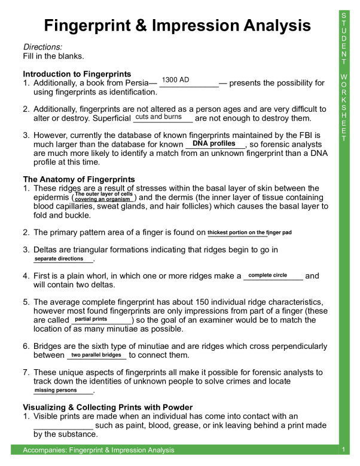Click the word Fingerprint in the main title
pyautogui.click(x=92, y=26)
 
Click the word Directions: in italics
pyautogui.click(x=42, y=47)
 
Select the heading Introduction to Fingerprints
pyautogui.click(x=77, y=74)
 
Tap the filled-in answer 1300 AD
pyautogui.click(x=176, y=79)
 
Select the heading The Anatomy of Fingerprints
pyautogui.click(x=78, y=179)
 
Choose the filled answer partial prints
pyautogui.click(x=91, y=319)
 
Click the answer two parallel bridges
pyautogui.click(x=96, y=355)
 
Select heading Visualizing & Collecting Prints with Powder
pyautogui.click(x=108, y=407)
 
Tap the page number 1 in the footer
pyautogui.click(x=344, y=449)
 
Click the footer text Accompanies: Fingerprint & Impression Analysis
pyautogui.click(x=99, y=450)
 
